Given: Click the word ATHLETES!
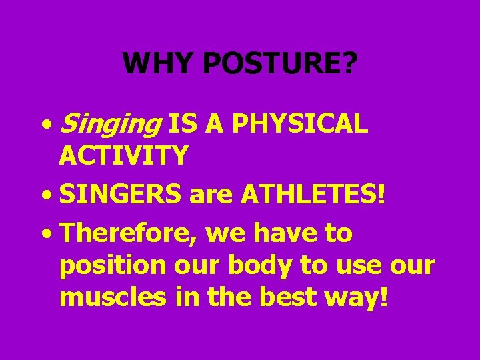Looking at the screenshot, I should click(x=313, y=196).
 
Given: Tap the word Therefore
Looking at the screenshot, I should click(x=129, y=234).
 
